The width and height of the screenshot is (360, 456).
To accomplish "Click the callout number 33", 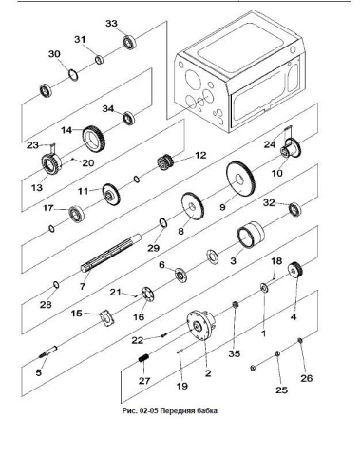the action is pos(111,24).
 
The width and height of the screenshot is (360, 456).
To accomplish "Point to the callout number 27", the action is pos(144,380).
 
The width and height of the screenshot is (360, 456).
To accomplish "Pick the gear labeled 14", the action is pos(94,140).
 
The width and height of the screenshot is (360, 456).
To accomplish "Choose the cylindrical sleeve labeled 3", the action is pos(251,235).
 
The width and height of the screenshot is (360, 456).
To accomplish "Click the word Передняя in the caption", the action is pos(178,411).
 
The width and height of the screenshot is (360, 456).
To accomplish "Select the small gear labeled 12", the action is pos(164,162).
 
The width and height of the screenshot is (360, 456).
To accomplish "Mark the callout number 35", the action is pos(235,353).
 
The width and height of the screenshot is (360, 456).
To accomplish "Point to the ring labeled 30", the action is pos(73,75).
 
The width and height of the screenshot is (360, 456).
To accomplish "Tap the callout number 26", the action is pos(307,378).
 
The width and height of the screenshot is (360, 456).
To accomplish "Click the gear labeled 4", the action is pos(295,270).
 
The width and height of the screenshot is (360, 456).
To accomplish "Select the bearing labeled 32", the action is pos(294,209).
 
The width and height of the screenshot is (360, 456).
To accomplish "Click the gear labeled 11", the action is pos(111,195).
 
